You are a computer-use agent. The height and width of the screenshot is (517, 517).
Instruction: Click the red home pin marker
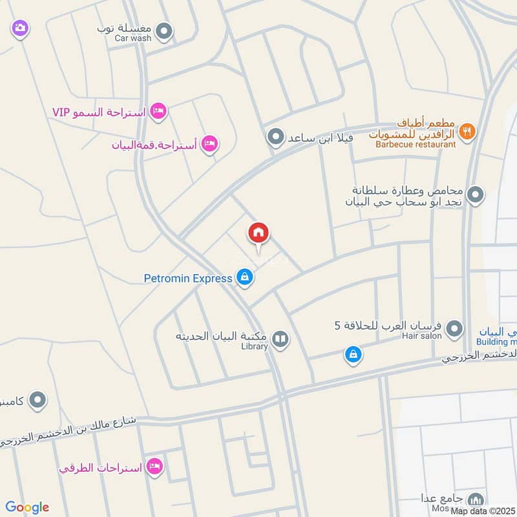[258, 233]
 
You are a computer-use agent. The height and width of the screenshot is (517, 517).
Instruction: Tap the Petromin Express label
[187, 279]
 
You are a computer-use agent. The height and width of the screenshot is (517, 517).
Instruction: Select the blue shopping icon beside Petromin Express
[244, 278]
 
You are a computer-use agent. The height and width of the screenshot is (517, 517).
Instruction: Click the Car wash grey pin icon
[165, 30]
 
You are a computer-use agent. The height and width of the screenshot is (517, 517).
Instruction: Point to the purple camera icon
[20, 28]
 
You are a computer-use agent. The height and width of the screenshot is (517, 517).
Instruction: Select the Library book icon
[280, 338]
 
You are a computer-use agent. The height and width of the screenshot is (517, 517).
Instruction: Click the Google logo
[27, 507]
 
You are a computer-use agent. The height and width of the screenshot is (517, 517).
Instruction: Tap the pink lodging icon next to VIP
[158, 112]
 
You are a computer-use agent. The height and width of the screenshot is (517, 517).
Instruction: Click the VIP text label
[60, 112]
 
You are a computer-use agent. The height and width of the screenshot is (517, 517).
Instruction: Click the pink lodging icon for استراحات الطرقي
[154, 465]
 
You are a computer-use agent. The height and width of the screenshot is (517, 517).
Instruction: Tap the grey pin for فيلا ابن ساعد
[276, 137]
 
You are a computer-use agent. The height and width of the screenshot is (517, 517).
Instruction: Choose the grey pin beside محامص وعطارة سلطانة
[476, 194]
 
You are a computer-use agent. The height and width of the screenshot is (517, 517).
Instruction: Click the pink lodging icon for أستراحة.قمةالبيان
[208, 143]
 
